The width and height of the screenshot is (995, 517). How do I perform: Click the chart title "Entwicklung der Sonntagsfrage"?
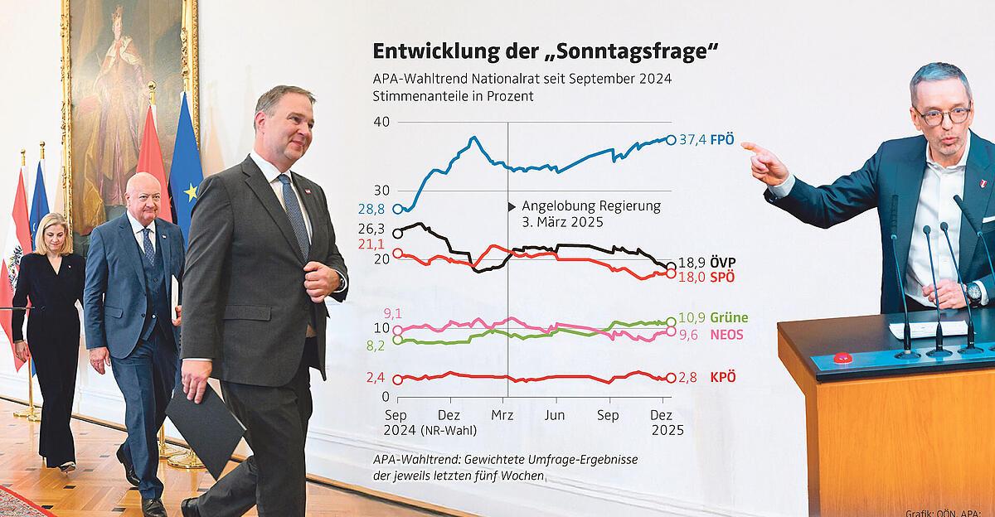coord(545,52)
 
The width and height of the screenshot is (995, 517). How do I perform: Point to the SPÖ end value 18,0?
coord(692,277)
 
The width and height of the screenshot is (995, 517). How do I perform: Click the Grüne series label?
coord(729,318)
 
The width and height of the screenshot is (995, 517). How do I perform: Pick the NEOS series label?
coord(727,335)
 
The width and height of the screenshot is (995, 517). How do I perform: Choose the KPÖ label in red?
coord(723,378)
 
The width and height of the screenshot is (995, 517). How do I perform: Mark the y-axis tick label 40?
coord(381,122)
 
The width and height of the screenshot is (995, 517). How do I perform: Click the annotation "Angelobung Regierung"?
coord(590,206)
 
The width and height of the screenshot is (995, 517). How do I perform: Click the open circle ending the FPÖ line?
coord(671,139)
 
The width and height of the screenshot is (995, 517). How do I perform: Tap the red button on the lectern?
coord(842,358)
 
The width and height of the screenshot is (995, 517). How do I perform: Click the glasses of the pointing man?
coord(944,115)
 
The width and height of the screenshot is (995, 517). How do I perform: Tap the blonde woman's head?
coord(50,233)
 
